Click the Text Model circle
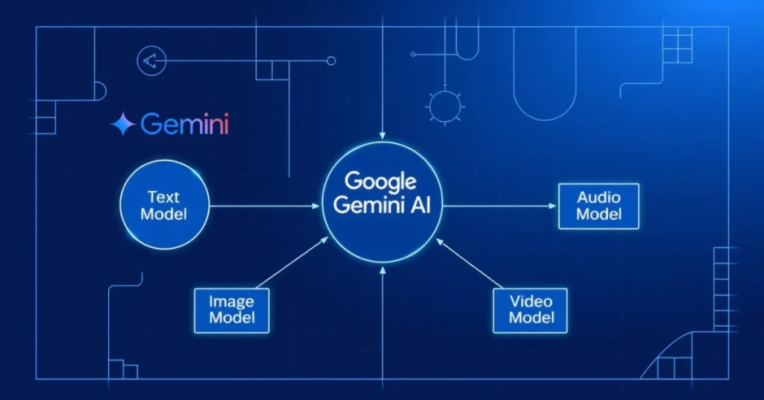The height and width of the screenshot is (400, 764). (x=164, y=206)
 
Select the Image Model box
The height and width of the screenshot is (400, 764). (x=231, y=310)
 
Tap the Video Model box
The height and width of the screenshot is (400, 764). (x=531, y=310)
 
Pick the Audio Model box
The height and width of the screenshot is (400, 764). (x=598, y=205)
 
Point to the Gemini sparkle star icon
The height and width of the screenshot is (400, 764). (x=122, y=125)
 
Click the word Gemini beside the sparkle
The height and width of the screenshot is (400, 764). (x=184, y=124)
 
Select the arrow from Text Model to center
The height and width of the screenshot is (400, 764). (x=265, y=206)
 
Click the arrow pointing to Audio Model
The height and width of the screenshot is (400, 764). (x=500, y=206)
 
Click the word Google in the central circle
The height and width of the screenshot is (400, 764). (x=382, y=181)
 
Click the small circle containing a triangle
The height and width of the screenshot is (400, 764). (x=151, y=61)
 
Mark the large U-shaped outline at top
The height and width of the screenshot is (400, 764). (x=544, y=82)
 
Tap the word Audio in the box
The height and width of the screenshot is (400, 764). (x=598, y=198)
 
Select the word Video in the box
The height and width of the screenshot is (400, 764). (x=531, y=302)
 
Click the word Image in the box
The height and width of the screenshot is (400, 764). (x=231, y=302)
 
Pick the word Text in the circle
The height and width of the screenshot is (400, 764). (x=164, y=198)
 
